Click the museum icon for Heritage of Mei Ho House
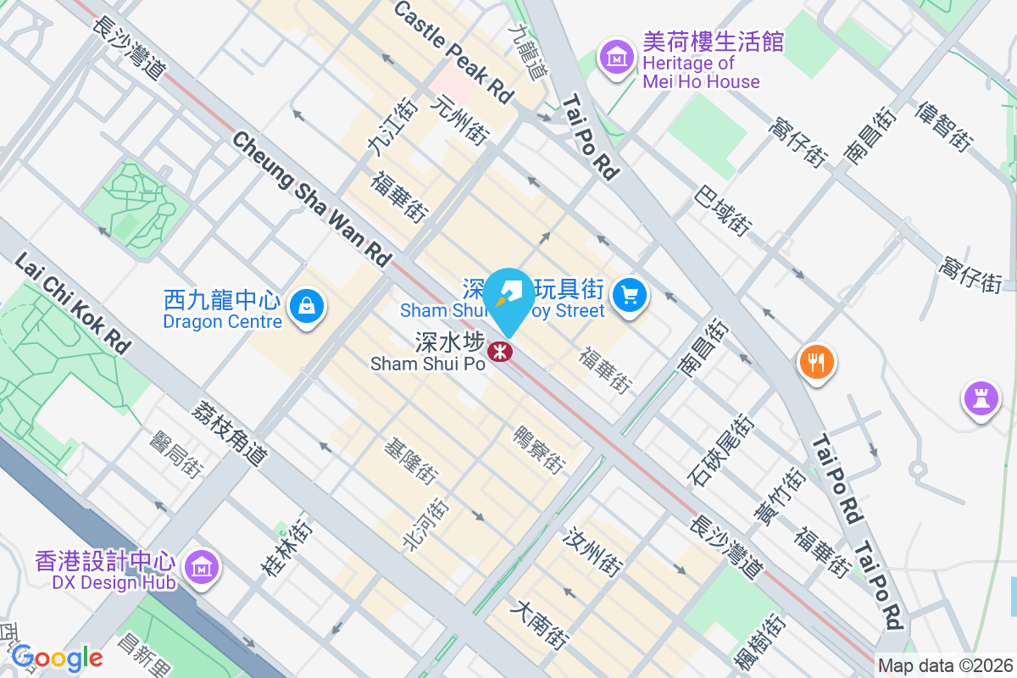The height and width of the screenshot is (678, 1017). coord(618,58)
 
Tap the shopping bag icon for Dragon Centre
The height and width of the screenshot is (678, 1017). coord(306,306)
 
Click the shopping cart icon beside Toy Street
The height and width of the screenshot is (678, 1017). coord(630,296)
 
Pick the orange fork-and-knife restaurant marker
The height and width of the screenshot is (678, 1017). coord(816,363)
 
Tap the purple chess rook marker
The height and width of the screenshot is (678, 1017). coord(981,398)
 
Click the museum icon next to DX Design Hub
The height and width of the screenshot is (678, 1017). coord(201,567)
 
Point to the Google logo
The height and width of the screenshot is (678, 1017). coord(57,657)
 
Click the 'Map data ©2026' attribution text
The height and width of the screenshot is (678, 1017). coord(944,665)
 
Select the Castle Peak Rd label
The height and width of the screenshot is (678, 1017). coord(454,53)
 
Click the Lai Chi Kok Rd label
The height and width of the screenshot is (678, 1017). coord(74,303)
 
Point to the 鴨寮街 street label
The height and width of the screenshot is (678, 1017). coord(539,449)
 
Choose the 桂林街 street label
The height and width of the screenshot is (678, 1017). coord(287,547)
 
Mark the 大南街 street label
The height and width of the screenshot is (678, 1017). coord(540,625)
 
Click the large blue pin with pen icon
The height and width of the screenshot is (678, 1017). coord(508,301)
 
